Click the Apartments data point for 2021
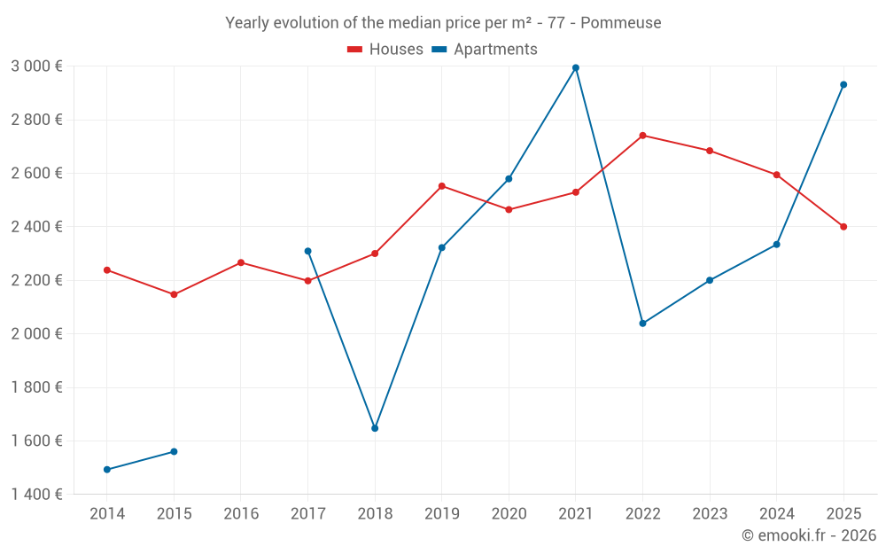coord(576,67)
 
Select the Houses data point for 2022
coord(642,136)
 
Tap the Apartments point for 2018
coord(375,428)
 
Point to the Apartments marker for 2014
coord(107,470)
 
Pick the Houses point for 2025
coord(843,227)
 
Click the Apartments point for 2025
coord(843,85)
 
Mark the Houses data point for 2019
coord(442,186)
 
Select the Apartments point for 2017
coord(308,251)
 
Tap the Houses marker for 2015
coord(174,294)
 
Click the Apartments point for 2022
coord(642,324)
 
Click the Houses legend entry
coord(385,50)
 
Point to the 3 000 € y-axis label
coord(36,66)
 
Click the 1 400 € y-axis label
coord(36,495)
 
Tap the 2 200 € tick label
coord(36,280)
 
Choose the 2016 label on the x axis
coord(241,514)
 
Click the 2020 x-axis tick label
coord(509,514)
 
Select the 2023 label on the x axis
coord(710,514)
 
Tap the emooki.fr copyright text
coord(809,535)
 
